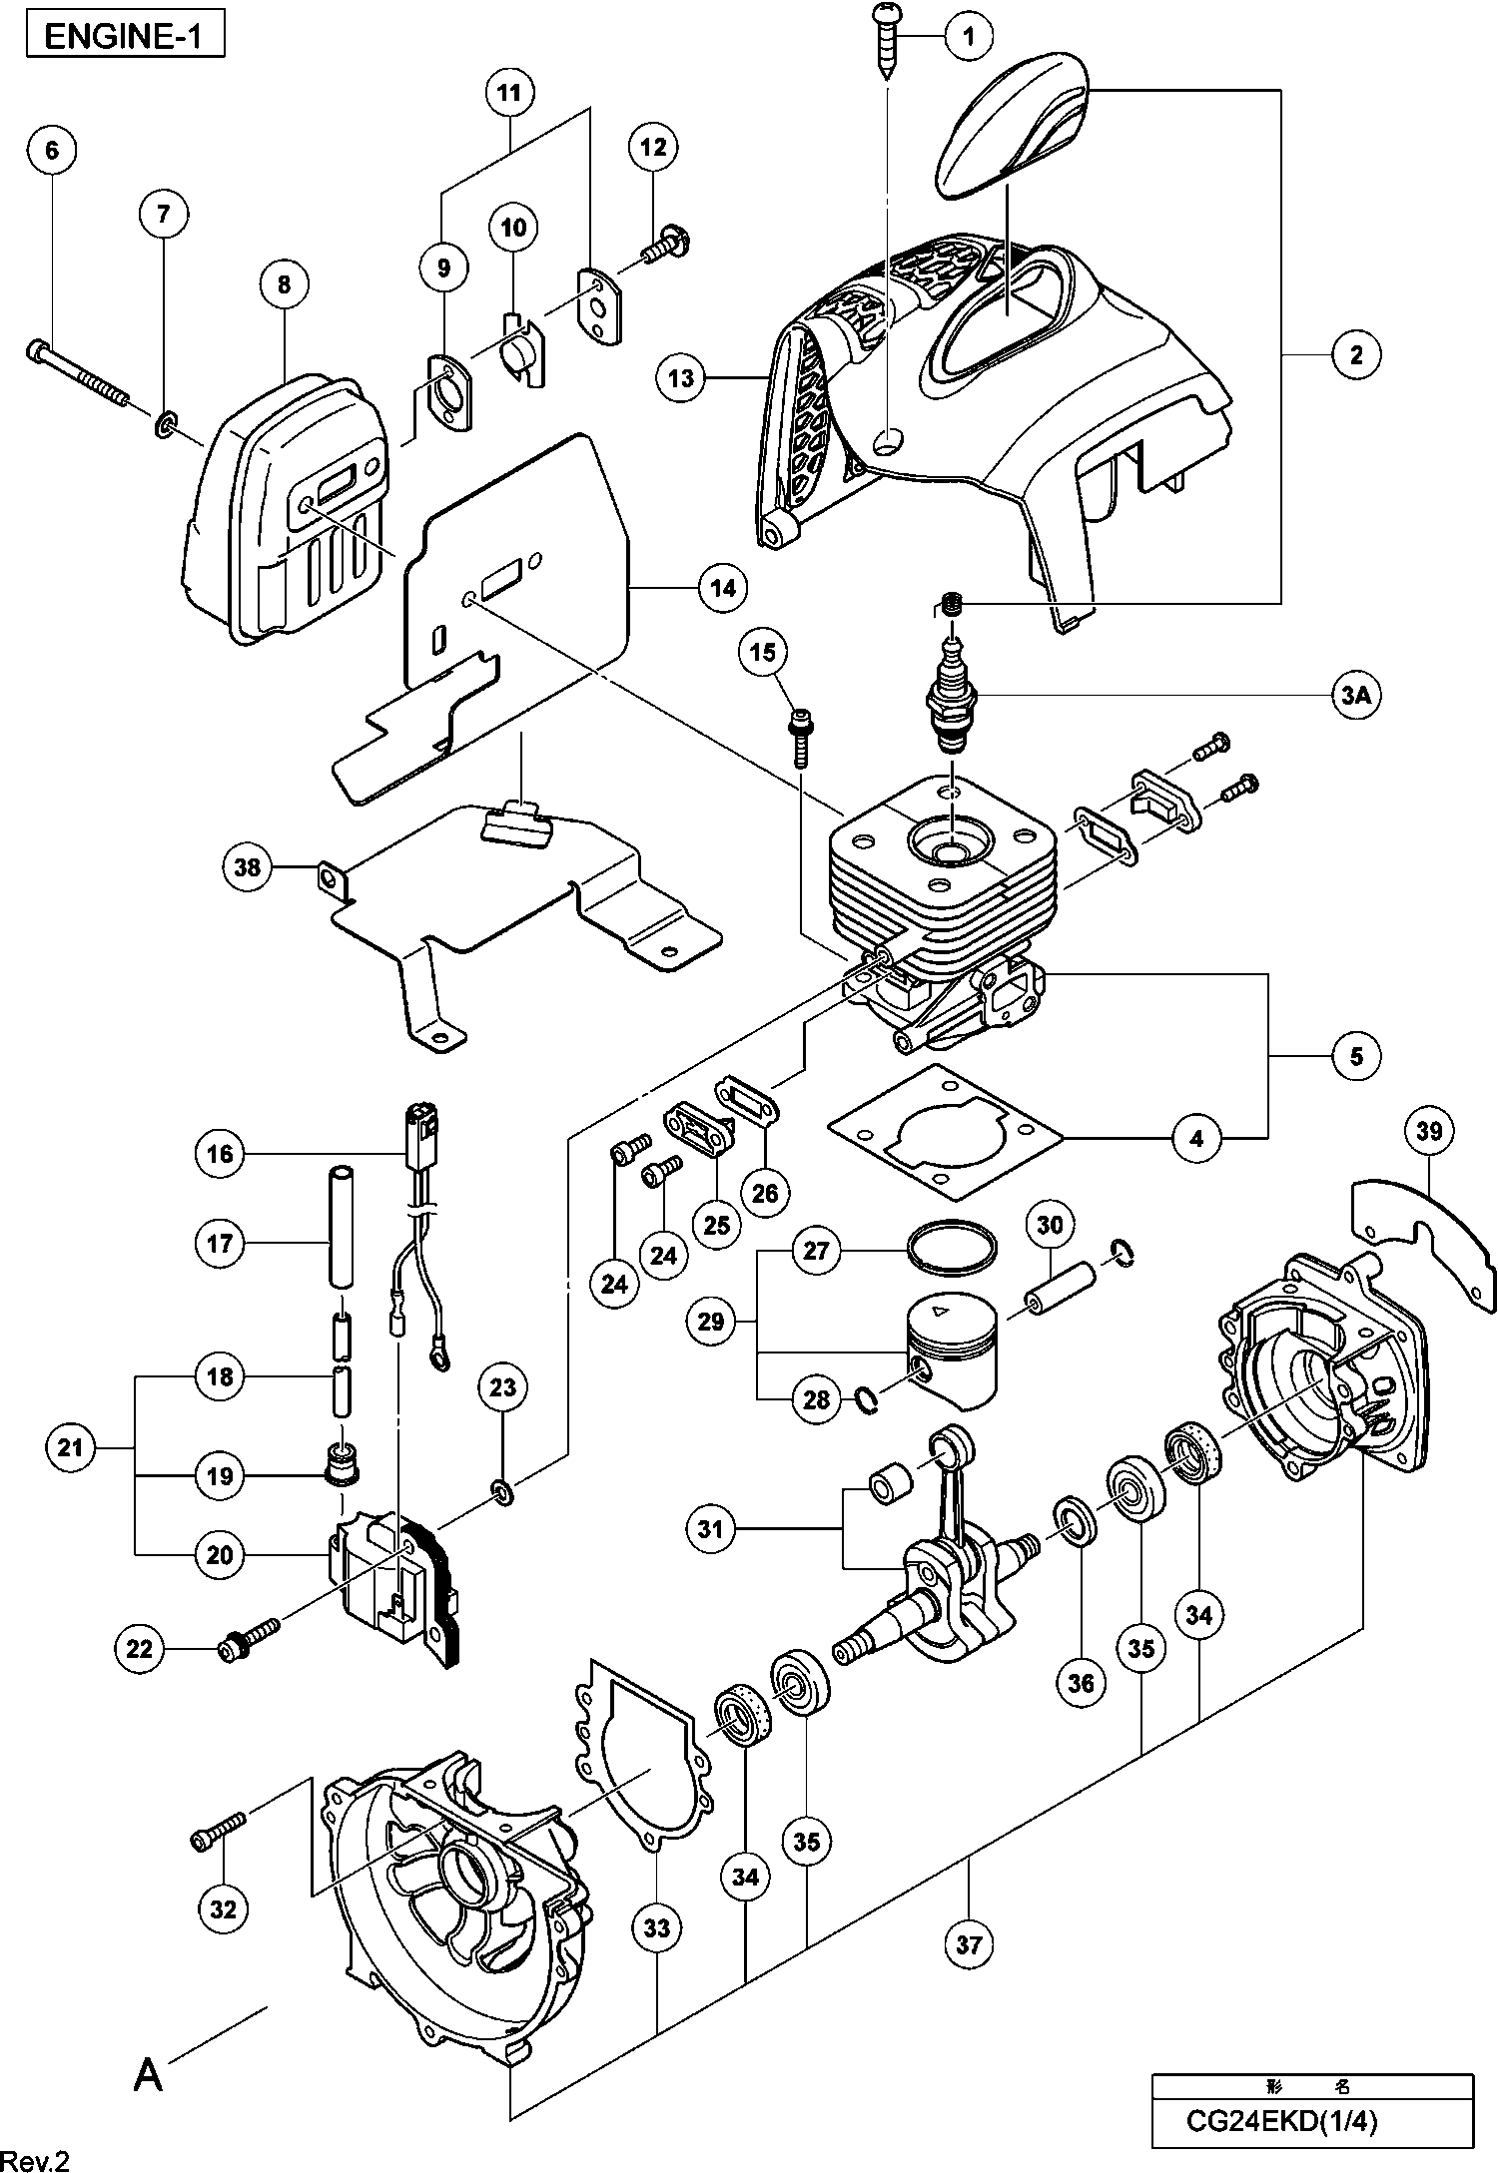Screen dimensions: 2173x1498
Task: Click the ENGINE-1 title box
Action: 124,37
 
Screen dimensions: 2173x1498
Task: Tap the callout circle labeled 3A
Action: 1355,697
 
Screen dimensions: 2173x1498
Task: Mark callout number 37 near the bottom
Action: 969,1942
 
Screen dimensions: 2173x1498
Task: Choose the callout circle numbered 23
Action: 502,1386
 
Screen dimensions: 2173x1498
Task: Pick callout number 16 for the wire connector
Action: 221,1154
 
